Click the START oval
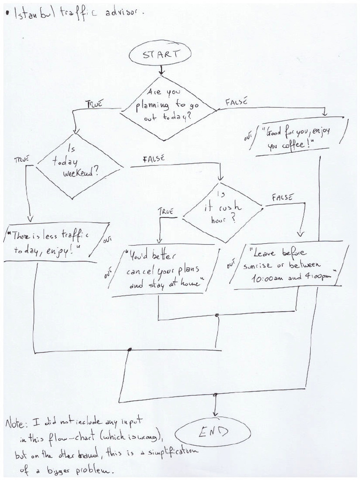pyautogui.click(x=161, y=54)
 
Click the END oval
pyautogui.click(x=213, y=431)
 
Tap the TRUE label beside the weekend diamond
pyautogui.click(x=22, y=159)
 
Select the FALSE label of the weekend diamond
pyautogui.click(x=153, y=159)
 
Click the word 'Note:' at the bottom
pyautogui.click(x=17, y=424)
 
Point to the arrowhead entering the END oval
pyautogui.click(x=215, y=412)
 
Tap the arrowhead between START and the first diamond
pyautogui.click(x=162, y=72)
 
